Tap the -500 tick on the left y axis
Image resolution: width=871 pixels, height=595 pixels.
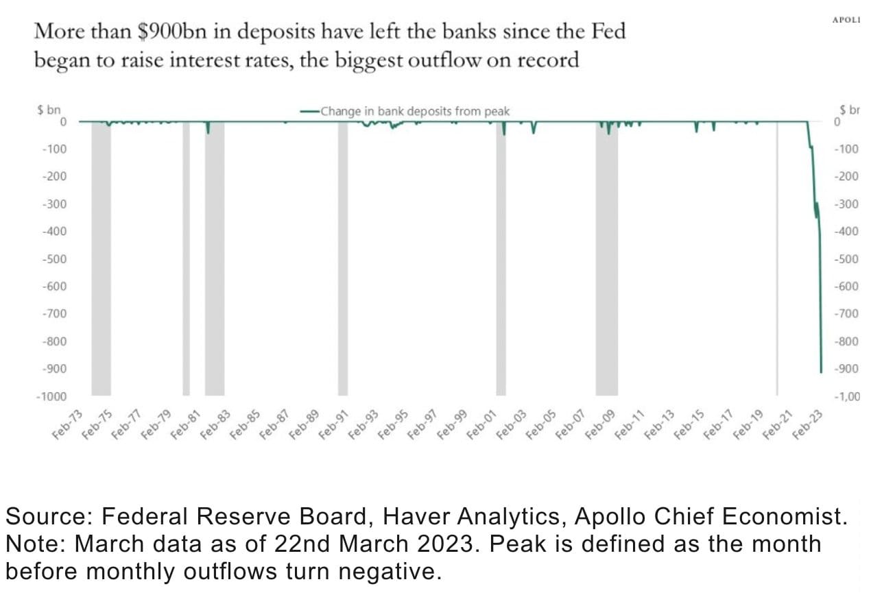point(54,259)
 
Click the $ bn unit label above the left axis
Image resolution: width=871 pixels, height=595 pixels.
point(49,110)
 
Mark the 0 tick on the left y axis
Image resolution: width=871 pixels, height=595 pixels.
point(62,122)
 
